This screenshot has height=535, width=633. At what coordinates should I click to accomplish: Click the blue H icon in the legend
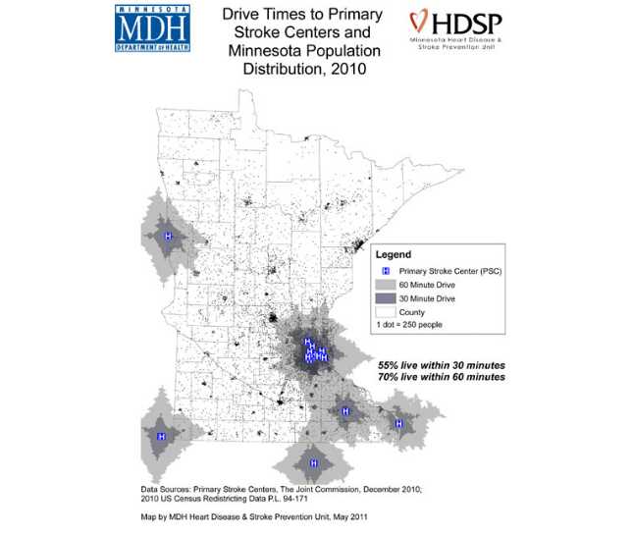pyautogui.click(x=386, y=271)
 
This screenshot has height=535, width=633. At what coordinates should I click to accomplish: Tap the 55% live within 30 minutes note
pyautogui.click(x=442, y=364)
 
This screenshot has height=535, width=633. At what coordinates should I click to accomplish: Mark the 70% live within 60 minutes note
pyautogui.click(x=442, y=376)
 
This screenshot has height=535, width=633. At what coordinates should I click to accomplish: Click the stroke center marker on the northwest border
pyautogui.click(x=168, y=237)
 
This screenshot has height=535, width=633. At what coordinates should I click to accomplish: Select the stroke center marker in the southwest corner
pyautogui.click(x=161, y=434)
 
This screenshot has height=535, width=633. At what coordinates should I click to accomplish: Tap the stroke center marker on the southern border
pyautogui.click(x=314, y=462)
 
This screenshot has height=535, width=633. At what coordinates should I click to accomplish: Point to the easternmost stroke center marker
pyautogui.click(x=398, y=423)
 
